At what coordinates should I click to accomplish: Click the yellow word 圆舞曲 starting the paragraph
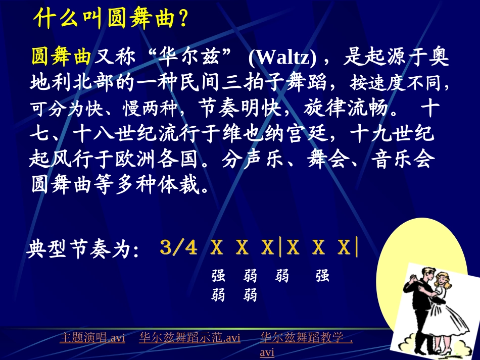[61, 57]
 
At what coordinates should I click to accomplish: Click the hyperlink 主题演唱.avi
[92, 338]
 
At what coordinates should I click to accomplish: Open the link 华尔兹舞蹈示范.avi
[190, 338]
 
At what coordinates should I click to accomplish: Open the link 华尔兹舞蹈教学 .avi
[306, 338]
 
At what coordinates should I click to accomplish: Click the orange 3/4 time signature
[178, 248]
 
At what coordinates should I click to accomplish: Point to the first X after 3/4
[216, 248]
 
